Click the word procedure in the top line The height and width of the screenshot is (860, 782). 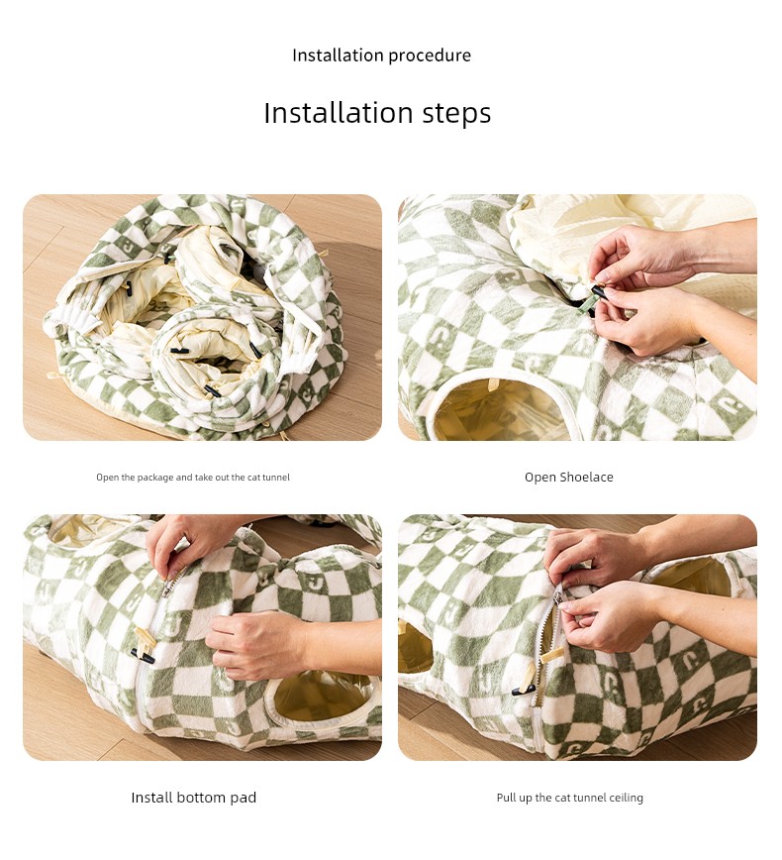pos(427,55)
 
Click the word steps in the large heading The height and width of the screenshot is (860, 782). pos(456,114)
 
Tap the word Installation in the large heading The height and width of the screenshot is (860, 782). pos(339,112)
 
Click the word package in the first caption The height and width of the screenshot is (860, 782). pos(155,478)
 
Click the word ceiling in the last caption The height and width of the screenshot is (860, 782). pos(626,798)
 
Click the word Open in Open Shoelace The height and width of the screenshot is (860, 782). pos(540,478)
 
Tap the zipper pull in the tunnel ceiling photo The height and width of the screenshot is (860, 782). pos(558,596)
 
